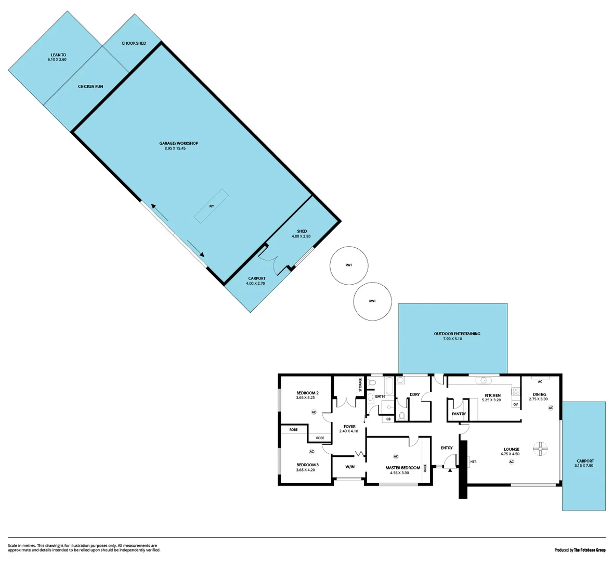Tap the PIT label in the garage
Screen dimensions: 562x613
(212, 206)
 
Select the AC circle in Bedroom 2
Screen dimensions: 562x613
(314, 412)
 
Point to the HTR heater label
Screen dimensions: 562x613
(473, 462)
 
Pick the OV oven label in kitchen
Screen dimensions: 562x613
(515, 404)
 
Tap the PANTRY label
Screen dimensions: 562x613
(459, 414)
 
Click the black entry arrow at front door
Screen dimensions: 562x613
(450, 470)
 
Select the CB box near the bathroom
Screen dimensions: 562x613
(388, 419)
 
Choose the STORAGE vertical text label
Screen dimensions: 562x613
(360, 385)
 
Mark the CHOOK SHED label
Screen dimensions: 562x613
(134, 43)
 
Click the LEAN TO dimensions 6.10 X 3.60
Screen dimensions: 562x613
(57, 60)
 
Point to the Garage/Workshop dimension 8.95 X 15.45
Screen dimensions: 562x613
(175, 148)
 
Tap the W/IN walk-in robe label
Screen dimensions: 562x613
(349, 467)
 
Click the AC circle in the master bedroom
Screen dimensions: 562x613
(396, 456)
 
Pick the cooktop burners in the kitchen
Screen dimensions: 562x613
(515, 391)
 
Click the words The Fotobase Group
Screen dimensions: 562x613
(590, 550)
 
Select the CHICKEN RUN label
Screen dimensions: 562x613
(90, 86)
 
